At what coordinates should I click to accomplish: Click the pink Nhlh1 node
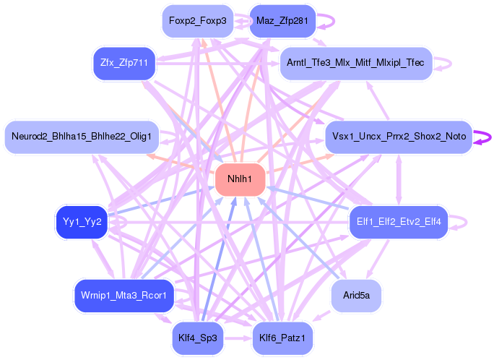[240, 179]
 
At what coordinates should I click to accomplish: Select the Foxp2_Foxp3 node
[197, 21]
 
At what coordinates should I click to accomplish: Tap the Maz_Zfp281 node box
[282, 21]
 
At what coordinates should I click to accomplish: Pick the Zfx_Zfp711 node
[124, 63]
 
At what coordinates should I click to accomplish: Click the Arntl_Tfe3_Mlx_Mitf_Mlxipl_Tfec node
[355, 63]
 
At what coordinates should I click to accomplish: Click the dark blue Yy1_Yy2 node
[82, 221]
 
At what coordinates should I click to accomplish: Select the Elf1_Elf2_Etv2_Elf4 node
[399, 221]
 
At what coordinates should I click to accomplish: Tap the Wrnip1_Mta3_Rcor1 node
[124, 295]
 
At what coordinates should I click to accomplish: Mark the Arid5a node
[355, 295]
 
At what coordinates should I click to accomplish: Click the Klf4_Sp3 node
[197, 337]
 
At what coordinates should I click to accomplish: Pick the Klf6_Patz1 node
[282, 337]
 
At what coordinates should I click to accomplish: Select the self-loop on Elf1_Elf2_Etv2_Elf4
[461, 221]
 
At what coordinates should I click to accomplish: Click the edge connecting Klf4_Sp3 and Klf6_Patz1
[239, 337]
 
